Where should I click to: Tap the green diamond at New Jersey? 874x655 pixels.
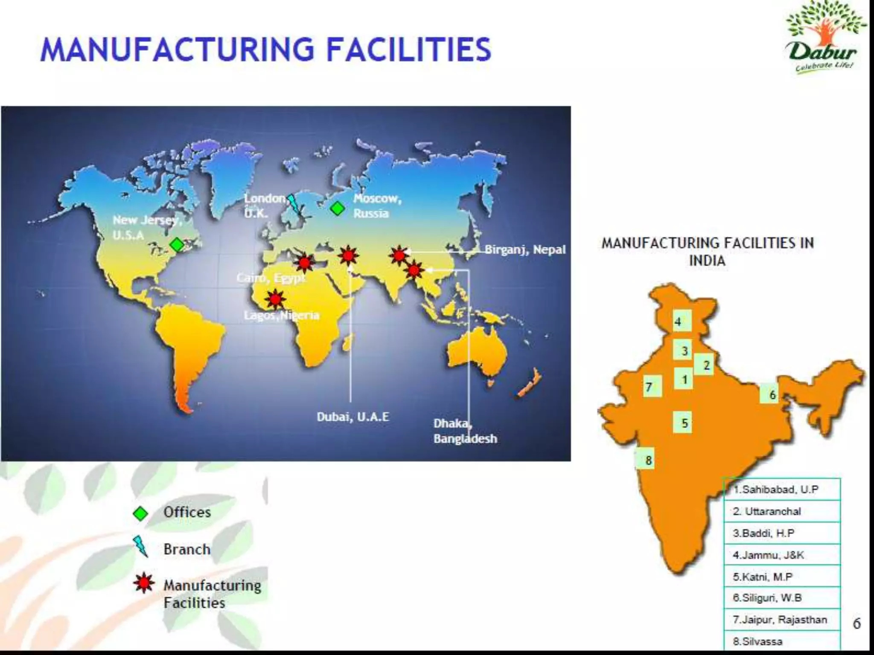[x=177, y=245]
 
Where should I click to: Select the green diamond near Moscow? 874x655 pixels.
[x=338, y=209]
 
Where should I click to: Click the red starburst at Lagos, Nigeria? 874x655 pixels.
[x=275, y=299]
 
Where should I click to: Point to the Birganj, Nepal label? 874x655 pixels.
[x=525, y=249]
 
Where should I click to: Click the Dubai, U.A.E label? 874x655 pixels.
[x=353, y=417]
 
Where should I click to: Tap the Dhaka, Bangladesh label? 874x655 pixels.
[x=465, y=431]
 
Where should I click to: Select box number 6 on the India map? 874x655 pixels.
[x=772, y=394]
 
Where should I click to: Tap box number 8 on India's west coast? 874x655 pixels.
[x=648, y=460]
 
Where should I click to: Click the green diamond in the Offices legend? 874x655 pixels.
[x=140, y=513]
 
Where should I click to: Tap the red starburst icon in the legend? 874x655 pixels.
[x=143, y=583]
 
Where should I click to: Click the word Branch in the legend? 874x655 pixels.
[x=187, y=549]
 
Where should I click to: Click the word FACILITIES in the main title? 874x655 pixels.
[x=408, y=49]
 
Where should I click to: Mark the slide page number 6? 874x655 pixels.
[x=857, y=624]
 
